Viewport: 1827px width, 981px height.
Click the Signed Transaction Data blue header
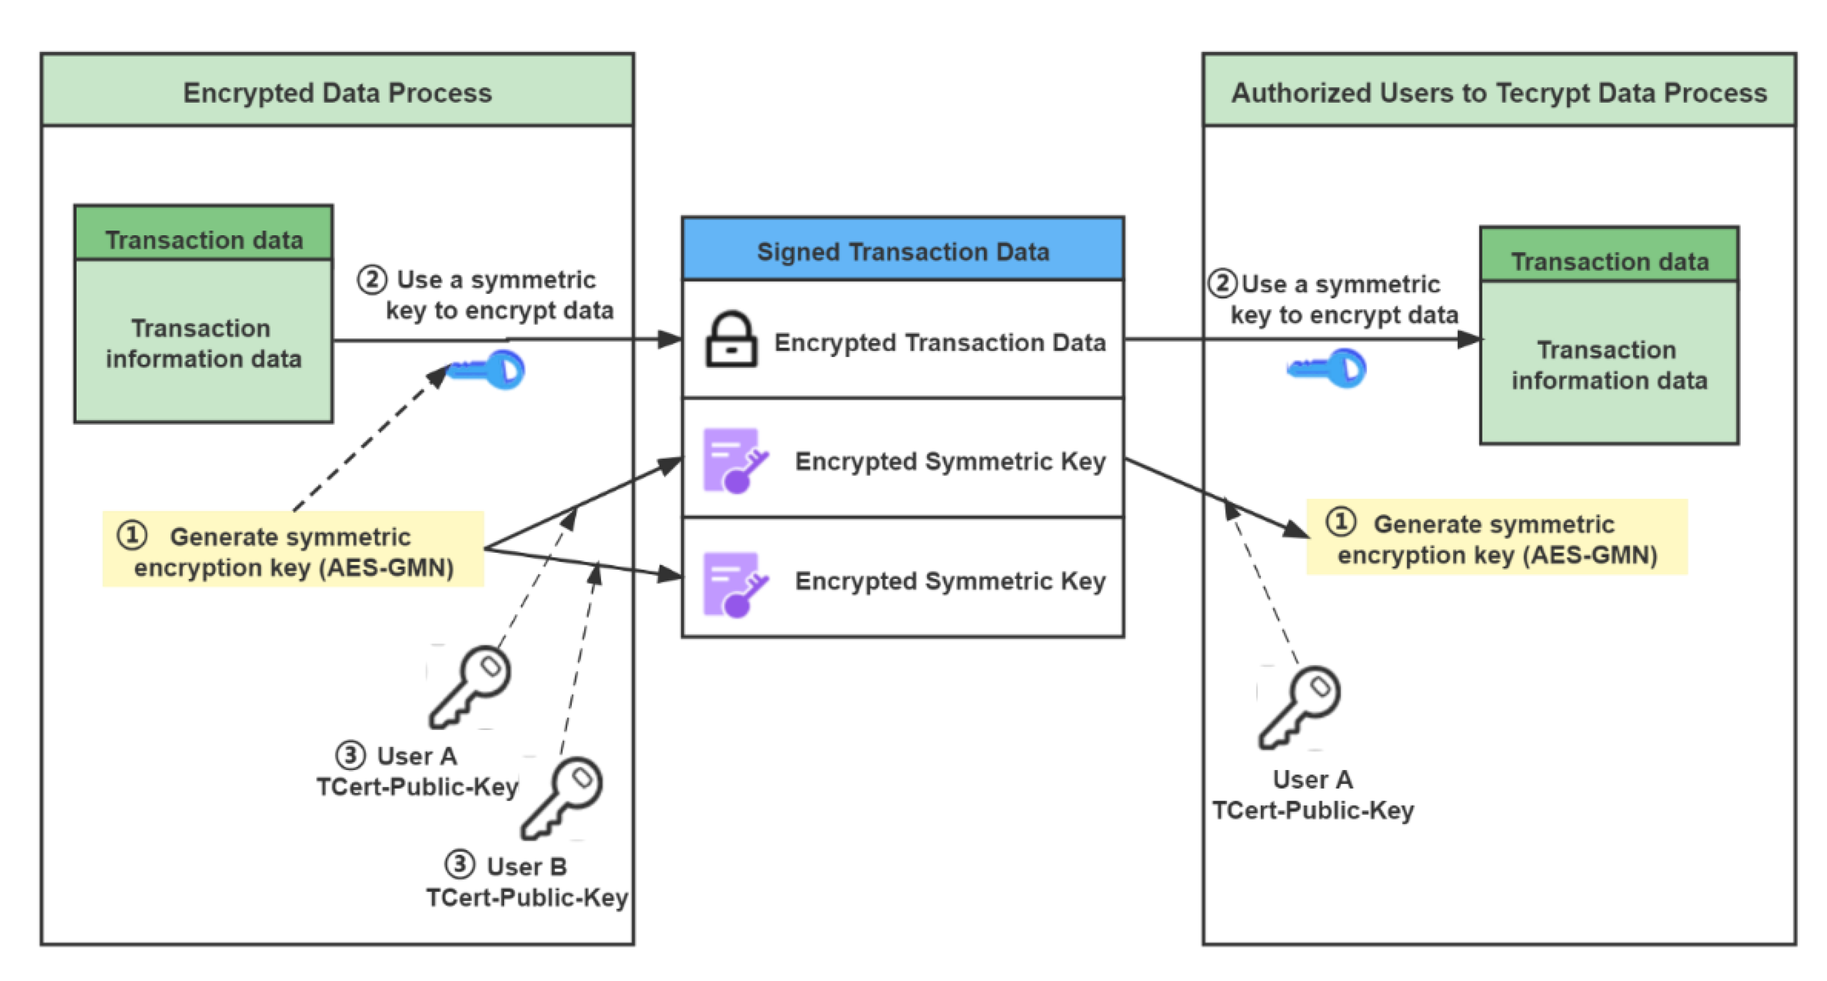[902, 251]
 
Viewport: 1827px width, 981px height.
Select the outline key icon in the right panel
[1299, 706]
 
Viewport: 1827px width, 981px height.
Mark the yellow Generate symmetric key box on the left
[293, 549]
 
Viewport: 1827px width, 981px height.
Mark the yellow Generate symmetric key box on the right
[1497, 538]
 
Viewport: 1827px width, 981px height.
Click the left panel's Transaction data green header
[204, 239]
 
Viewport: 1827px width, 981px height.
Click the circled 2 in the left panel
[372, 279]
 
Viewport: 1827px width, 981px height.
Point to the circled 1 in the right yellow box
[1340, 521]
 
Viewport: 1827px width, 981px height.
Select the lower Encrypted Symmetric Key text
[950, 581]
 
